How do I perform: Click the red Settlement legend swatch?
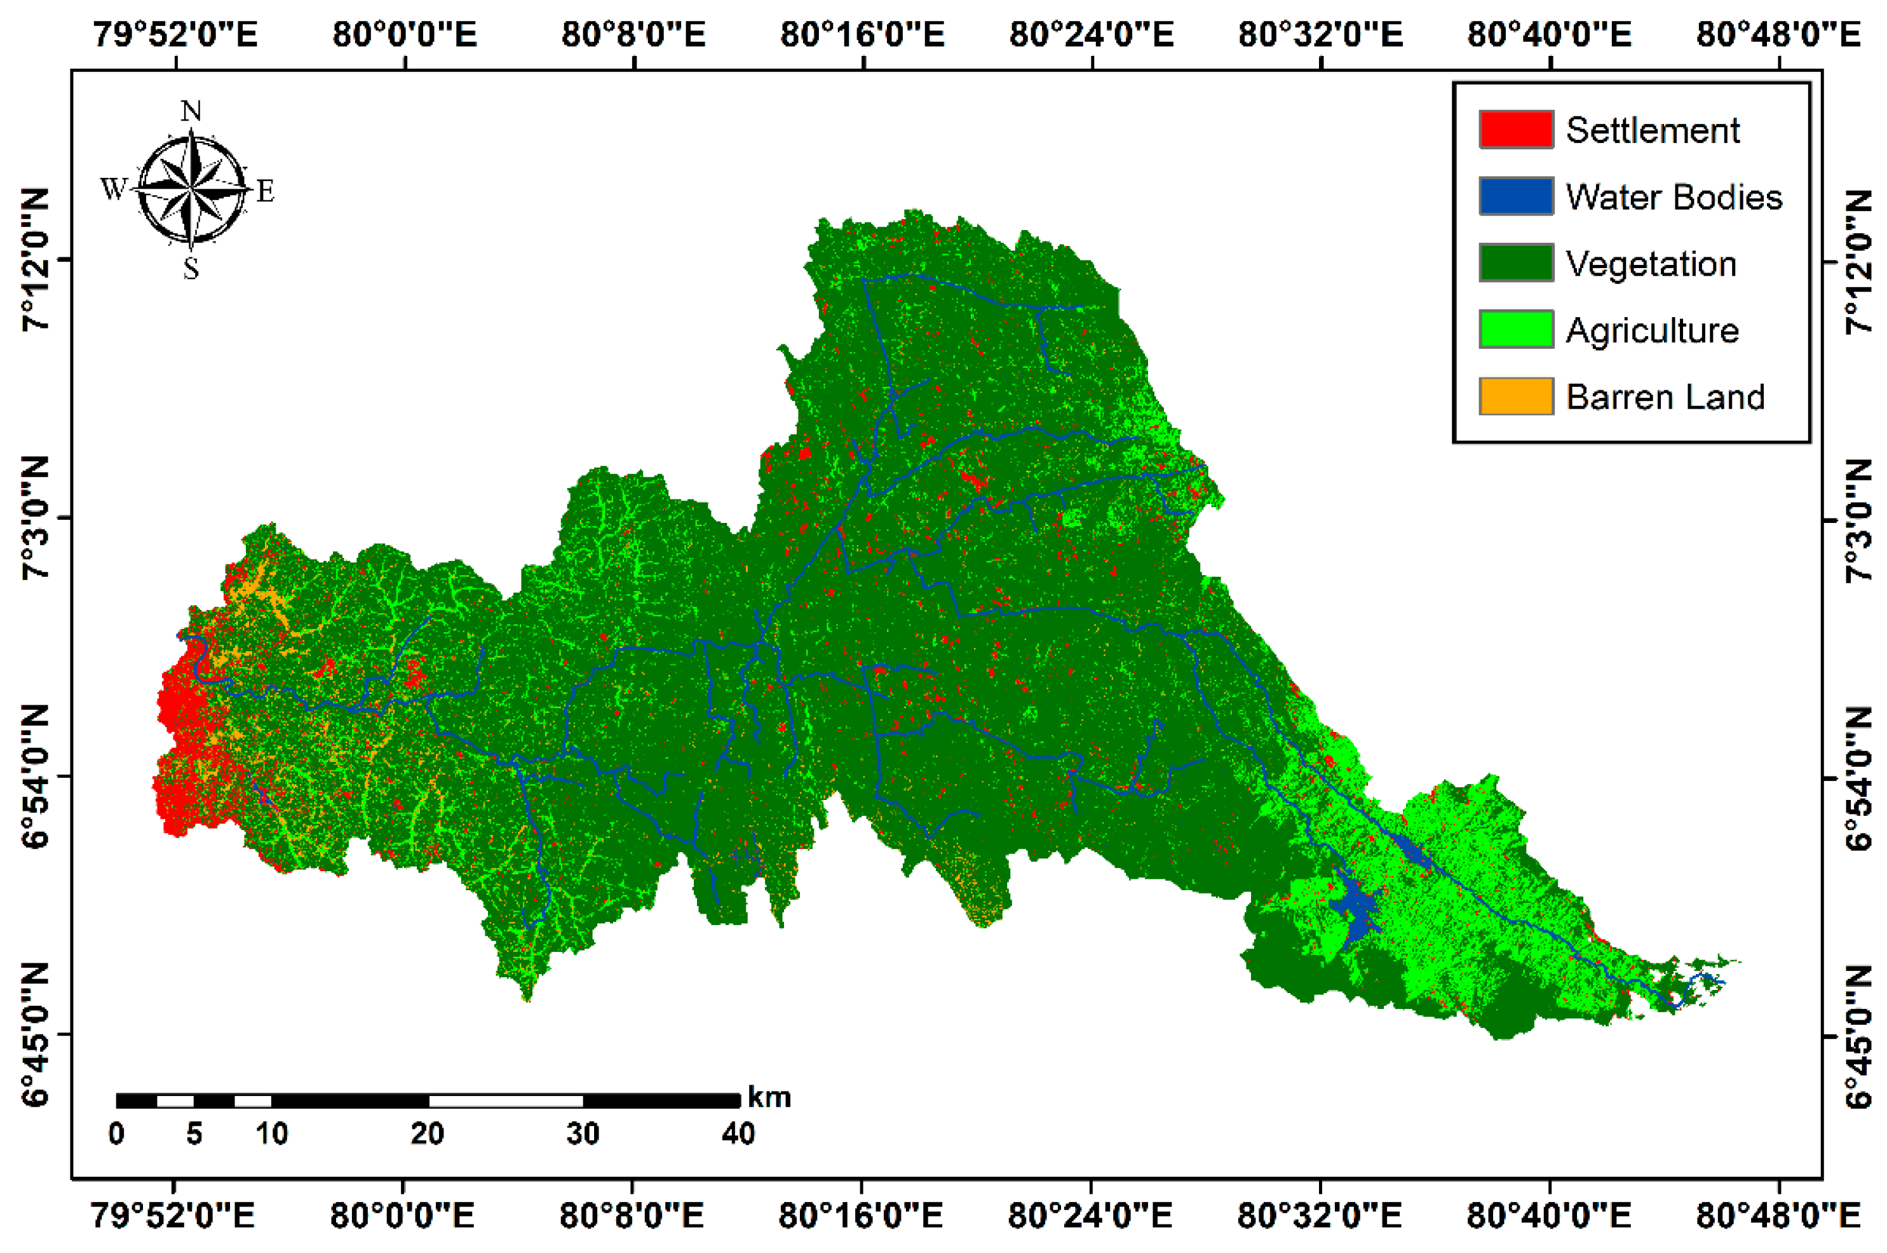[x=1515, y=130]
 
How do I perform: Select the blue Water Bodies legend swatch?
[x=1515, y=196]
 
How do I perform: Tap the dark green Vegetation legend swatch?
[x=1515, y=263]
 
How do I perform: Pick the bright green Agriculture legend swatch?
[x=1515, y=329]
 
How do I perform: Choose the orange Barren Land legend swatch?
[x=1515, y=396]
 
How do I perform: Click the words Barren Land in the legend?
[x=1664, y=397]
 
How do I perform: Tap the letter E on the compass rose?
[x=264, y=191]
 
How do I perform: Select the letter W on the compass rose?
[x=114, y=189]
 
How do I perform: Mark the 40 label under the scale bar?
[x=738, y=1133]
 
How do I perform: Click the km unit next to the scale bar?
[x=769, y=1098]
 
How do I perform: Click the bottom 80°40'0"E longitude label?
[x=1548, y=1216]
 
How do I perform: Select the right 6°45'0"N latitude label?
[x=1860, y=1036]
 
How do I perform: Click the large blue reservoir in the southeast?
[x=1356, y=911]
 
